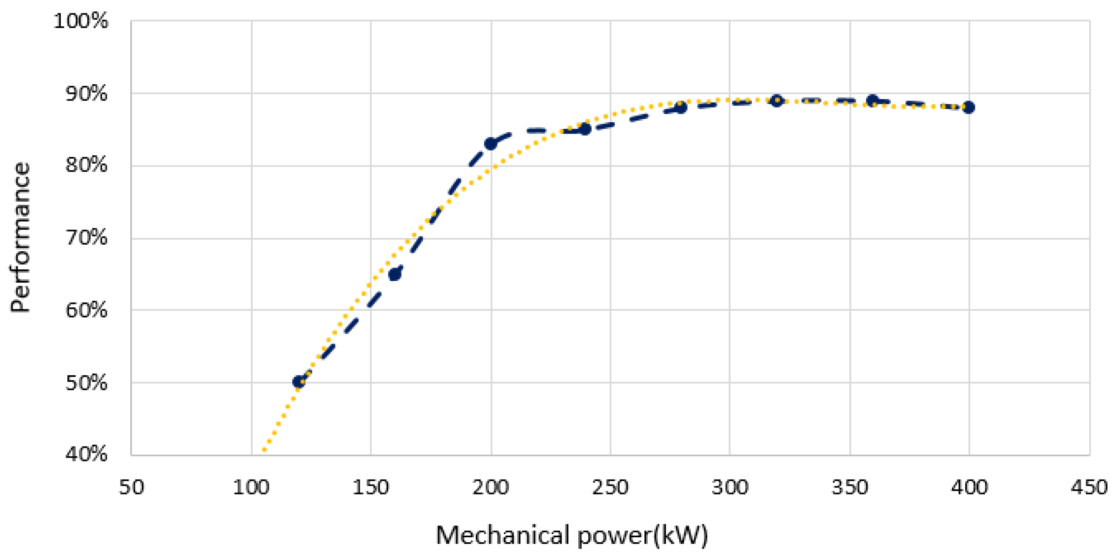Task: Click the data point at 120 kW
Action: [299, 382]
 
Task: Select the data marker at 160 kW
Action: [395, 274]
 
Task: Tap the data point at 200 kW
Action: [491, 144]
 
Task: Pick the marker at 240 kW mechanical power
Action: [585, 129]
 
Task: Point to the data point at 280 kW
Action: [681, 107]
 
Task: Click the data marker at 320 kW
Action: [777, 100]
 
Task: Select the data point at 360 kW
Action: [873, 100]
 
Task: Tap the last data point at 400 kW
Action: [969, 107]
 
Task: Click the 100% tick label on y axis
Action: [81, 21]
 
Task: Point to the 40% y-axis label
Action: [86, 454]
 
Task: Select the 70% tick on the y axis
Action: [86, 238]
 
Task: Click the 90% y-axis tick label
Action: [86, 93]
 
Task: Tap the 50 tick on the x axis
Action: [131, 487]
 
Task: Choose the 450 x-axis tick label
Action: [1089, 487]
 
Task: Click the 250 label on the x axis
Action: [610, 487]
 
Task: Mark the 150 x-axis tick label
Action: [371, 487]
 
